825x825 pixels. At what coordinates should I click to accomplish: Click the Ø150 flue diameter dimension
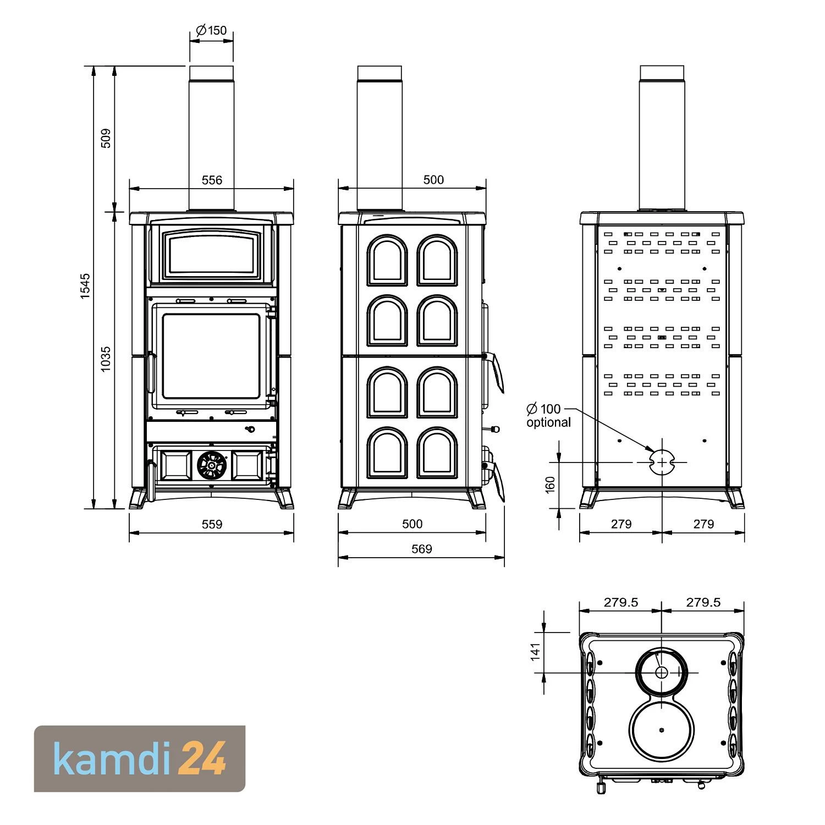click(211, 30)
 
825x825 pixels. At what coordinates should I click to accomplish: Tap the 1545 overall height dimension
click(85, 286)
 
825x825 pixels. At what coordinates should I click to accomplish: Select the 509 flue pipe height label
click(106, 138)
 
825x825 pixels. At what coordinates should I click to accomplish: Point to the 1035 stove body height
click(106, 358)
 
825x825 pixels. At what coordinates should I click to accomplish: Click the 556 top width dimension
click(212, 180)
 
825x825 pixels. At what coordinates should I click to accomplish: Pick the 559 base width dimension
click(212, 524)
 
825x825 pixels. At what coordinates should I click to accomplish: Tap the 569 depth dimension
click(422, 549)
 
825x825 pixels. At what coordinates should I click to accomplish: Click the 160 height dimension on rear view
click(550, 485)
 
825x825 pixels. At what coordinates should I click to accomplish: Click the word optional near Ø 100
click(548, 422)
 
